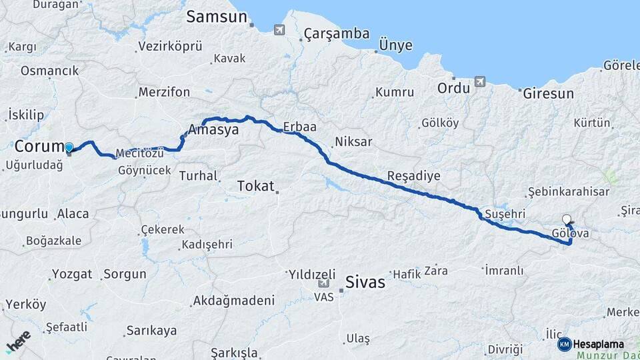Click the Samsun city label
(217, 17)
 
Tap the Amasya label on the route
(213, 130)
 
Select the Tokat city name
(256, 186)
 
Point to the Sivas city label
(366, 282)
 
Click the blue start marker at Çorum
(69, 147)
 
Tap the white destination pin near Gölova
(567, 219)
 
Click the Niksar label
(353, 141)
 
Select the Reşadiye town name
(414, 176)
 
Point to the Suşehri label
(505, 213)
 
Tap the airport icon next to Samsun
(279, 29)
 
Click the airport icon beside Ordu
(479, 82)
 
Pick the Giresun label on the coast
(548, 93)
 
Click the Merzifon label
(164, 92)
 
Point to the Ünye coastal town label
(395, 45)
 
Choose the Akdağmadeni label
(233, 301)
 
